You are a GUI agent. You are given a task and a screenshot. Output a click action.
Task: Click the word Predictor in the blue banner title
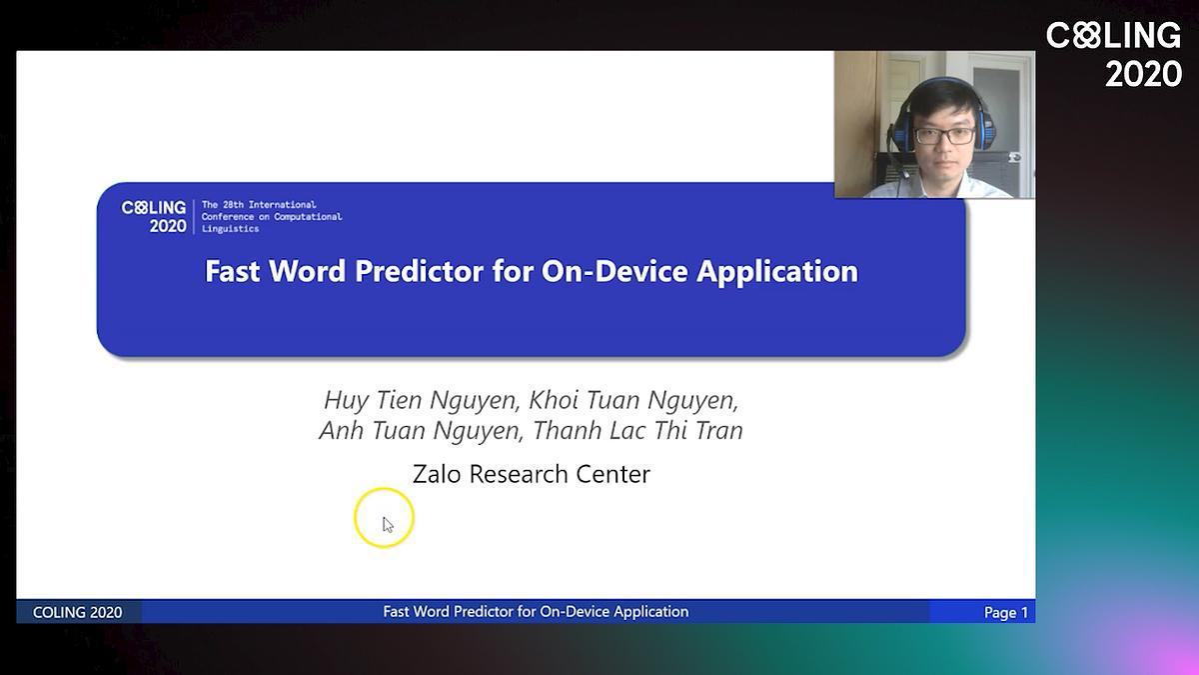(x=419, y=272)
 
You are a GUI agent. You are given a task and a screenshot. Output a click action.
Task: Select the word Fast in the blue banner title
(x=232, y=271)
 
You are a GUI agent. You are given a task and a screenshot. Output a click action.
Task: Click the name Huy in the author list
(x=346, y=401)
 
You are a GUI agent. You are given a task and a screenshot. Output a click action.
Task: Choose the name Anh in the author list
(x=341, y=430)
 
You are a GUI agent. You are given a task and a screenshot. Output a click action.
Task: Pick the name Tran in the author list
(x=718, y=430)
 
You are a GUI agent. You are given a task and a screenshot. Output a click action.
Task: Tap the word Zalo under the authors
(x=437, y=474)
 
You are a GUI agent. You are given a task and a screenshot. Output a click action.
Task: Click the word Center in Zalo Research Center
(x=612, y=474)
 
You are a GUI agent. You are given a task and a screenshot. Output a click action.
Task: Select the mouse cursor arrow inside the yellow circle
(x=388, y=525)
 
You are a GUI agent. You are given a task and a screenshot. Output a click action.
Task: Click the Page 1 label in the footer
(x=1006, y=612)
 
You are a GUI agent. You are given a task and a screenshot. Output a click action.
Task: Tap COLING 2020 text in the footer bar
(x=78, y=612)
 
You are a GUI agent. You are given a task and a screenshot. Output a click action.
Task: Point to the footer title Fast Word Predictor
(x=536, y=612)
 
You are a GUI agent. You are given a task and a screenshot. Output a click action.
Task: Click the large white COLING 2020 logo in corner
(x=1114, y=55)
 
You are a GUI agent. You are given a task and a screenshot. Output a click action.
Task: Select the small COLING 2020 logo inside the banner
(x=154, y=217)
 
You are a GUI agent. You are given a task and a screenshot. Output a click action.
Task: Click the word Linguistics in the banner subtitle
(x=230, y=229)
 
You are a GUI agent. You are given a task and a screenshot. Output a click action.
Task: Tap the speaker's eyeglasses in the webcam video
(x=945, y=136)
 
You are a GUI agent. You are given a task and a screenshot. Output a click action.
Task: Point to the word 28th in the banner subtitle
(x=234, y=205)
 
